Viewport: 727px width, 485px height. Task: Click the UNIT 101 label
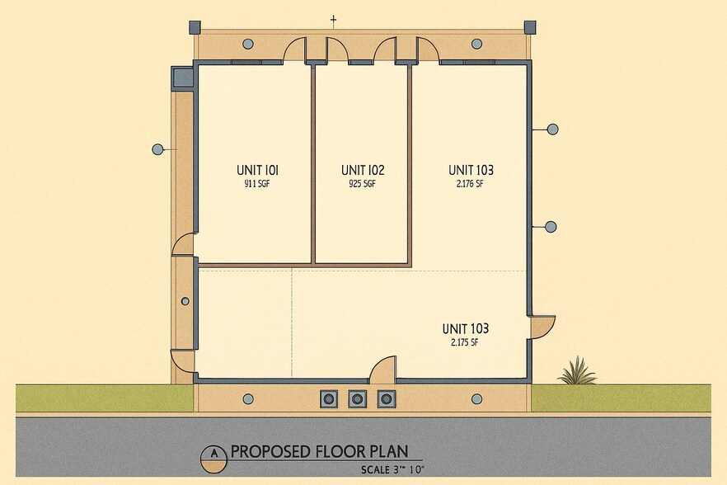click(x=257, y=170)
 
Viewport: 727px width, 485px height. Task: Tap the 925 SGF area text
click(x=362, y=184)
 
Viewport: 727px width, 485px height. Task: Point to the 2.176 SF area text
click(x=470, y=184)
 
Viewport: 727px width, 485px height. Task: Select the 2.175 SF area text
click(x=465, y=343)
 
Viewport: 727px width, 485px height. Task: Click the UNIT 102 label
click(x=363, y=170)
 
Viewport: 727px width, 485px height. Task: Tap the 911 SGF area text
click(x=257, y=184)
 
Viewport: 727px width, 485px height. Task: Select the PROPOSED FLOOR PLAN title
click(x=320, y=451)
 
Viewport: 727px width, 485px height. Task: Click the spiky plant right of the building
click(x=577, y=371)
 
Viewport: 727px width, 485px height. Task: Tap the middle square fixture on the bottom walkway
click(x=357, y=398)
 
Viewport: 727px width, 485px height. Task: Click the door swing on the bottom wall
click(x=383, y=370)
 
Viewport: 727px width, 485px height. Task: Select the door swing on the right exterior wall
click(x=542, y=327)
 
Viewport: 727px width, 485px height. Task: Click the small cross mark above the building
click(x=333, y=20)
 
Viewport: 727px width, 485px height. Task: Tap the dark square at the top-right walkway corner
click(x=530, y=27)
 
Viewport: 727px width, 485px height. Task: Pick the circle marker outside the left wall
click(x=157, y=149)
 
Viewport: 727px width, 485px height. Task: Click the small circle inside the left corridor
click(x=185, y=301)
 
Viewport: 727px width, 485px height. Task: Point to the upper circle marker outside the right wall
click(x=552, y=129)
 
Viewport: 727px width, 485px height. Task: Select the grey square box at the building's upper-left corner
click(x=181, y=77)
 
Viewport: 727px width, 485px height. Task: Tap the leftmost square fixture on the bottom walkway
click(x=329, y=398)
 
